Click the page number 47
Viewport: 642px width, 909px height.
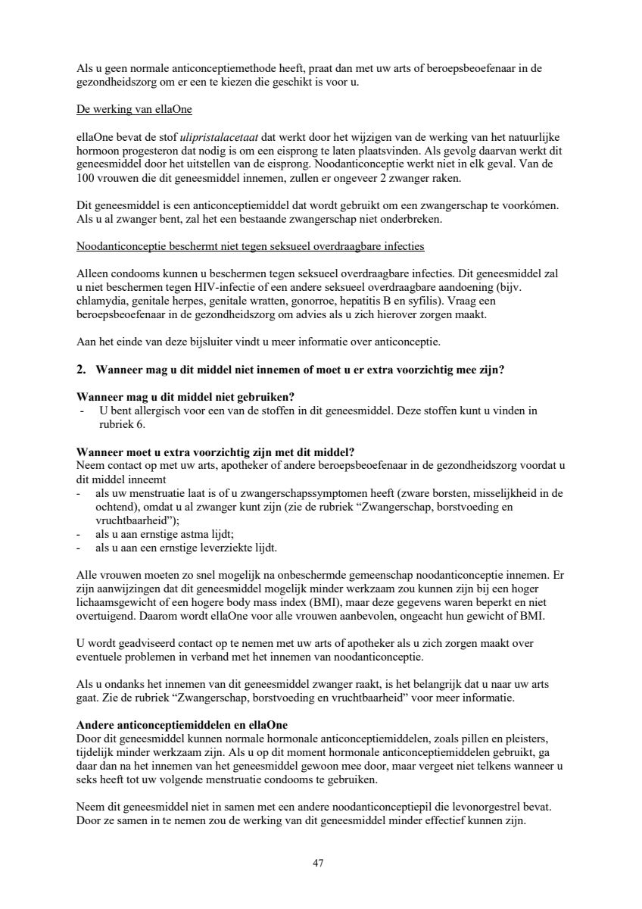[x=319, y=863]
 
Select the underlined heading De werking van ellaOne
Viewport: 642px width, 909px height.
[x=134, y=110]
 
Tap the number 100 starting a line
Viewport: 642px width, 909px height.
[x=86, y=179]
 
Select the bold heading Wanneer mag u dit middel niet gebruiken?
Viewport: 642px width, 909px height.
[x=186, y=397]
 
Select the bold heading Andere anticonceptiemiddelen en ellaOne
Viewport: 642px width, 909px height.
[x=182, y=723]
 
